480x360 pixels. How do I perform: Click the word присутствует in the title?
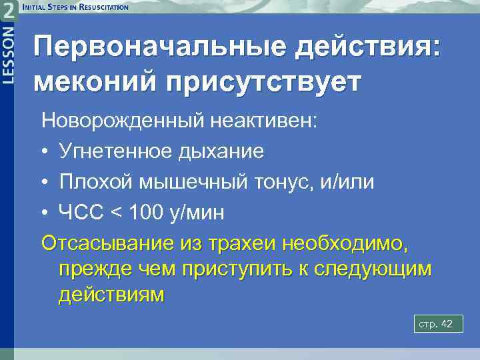click(268, 83)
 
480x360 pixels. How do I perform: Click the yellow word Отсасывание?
click(107, 243)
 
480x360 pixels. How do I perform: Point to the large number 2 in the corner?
click(7, 9)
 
